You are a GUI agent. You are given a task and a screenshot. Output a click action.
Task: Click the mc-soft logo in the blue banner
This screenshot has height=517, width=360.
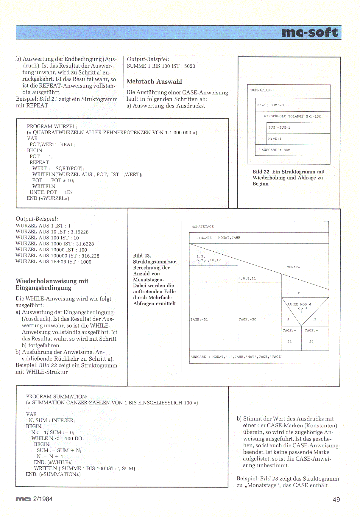[x=309, y=32]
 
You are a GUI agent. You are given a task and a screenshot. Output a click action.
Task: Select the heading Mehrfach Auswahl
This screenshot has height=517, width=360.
[x=154, y=82]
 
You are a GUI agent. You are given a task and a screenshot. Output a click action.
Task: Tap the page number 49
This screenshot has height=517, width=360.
[x=336, y=499]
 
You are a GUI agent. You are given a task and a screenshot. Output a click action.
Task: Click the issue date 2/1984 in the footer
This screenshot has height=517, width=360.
[x=43, y=499]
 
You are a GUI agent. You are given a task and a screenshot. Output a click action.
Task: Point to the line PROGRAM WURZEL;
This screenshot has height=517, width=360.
[x=52, y=127]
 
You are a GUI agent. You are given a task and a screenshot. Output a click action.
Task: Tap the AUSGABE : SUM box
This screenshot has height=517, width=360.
[x=292, y=150]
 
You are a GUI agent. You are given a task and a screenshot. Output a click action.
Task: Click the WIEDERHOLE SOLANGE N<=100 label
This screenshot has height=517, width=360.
[x=292, y=116]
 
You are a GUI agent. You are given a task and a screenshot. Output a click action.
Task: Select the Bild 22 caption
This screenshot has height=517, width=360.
[x=288, y=178]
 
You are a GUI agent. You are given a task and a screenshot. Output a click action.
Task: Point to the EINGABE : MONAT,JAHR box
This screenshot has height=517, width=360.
[x=259, y=238]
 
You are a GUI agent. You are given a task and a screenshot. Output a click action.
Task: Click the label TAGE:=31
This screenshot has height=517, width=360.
[x=199, y=320]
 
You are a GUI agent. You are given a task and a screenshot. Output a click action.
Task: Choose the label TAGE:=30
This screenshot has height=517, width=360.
[x=247, y=320]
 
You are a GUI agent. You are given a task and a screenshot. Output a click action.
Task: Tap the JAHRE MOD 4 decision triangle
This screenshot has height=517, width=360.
[x=301, y=308]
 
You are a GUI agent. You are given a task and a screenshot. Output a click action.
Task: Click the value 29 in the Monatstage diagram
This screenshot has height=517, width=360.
[x=311, y=342]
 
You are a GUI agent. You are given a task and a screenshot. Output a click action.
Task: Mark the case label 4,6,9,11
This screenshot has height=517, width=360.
[x=247, y=278]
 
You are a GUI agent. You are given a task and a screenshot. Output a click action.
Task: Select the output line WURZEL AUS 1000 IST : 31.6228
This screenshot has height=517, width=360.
[x=55, y=244]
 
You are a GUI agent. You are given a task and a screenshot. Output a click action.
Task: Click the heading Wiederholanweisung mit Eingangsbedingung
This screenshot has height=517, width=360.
[x=52, y=284]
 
